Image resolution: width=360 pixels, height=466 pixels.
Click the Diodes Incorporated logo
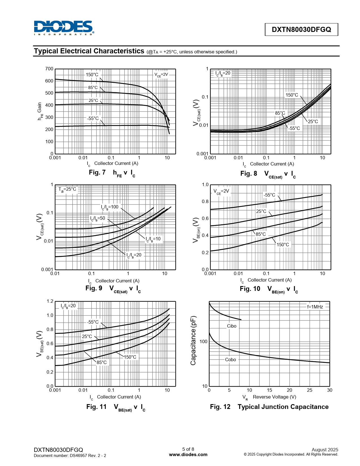click(64, 28)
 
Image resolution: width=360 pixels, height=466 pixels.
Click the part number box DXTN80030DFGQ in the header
click(301, 29)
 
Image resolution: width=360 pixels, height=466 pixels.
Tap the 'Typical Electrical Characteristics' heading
click(89, 51)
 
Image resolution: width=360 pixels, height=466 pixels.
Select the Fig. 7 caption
click(112, 173)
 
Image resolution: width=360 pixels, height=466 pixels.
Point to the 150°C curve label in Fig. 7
click(92, 75)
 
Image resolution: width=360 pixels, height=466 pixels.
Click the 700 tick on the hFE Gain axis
click(49, 69)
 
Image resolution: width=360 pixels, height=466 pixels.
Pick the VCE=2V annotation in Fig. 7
click(161, 75)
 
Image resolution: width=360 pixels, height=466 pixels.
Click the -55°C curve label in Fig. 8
click(294, 128)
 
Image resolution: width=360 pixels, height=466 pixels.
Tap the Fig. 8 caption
click(268, 174)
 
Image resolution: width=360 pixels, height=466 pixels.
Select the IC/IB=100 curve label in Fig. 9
click(110, 207)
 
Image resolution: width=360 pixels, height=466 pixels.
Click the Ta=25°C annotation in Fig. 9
click(67, 189)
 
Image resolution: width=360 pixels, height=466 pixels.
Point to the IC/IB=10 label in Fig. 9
click(153, 239)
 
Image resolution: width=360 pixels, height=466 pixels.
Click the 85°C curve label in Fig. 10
click(261, 234)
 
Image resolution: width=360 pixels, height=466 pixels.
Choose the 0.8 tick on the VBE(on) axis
click(205, 202)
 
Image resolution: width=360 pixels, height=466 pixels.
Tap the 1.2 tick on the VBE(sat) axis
click(50, 301)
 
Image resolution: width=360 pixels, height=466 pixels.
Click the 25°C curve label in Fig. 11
click(87, 336)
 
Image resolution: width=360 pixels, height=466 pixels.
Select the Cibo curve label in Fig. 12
click(232, 326)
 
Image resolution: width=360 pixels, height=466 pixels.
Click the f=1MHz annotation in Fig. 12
click(315, 307)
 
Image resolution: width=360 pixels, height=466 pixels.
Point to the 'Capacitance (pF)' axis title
click(193, 340)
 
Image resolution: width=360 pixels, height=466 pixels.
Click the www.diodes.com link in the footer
click(188, 454)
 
